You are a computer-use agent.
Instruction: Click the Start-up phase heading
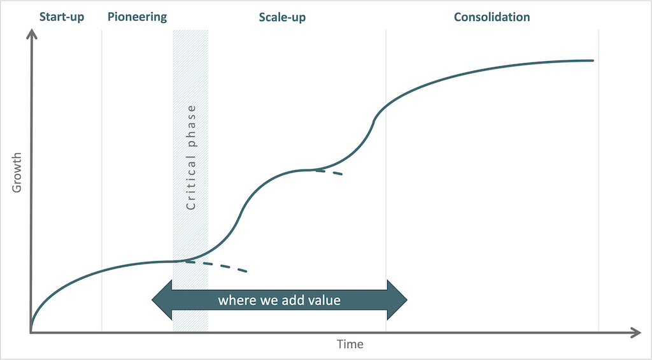pyautogui.click(x=62, y=17)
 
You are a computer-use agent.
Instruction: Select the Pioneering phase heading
pyautogui.click(x=138, y=17)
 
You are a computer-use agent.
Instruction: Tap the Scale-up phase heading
pyautogui.click(x=282, y=17)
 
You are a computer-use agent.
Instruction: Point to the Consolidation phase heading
pyautogui.click(x=492, y=17)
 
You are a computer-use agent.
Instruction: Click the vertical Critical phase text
pyautogui.click(x=191, y=158)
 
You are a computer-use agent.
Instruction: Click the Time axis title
pyautogui.click(x=350, y=345)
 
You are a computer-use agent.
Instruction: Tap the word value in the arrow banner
pyautogui.click(x=325, y=300)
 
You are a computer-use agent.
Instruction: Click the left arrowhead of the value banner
pyautogui.click(x=162, y=300)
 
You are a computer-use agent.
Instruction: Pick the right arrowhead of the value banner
pyautogui.click(x=397, y=300)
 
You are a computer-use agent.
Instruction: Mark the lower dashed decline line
pyautogui.click(x=216, y=266)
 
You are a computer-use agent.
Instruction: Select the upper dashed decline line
pyautogui.click(x=329, y=172)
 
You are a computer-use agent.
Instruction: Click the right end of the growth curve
pyautogui.click(x=593, y=61)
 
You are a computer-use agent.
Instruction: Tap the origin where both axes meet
pyautogui.click(x=31, y=333)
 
